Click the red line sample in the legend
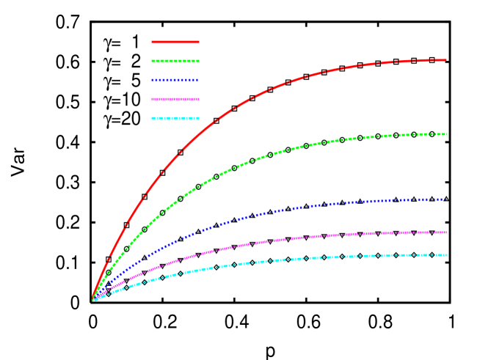175,42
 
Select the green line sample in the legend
175,61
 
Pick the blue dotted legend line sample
175,80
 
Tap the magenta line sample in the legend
175,99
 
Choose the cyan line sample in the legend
175,118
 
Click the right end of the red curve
446,59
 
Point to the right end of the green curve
446,134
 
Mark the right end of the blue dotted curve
445,199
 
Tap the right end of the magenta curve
446,232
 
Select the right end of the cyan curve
446,255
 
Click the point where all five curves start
92,300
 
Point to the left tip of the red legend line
152,42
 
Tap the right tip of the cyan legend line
199,118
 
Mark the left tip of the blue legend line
152,80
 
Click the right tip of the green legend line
199,61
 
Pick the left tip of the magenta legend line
152,99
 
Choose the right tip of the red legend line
199,42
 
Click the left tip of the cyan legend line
152,118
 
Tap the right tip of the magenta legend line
199,99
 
